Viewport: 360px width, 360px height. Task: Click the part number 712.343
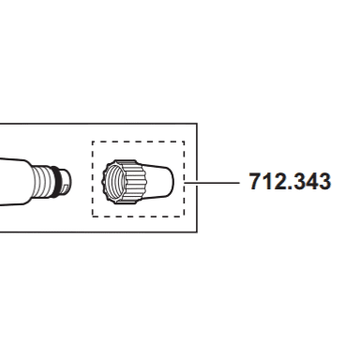coord(290,181)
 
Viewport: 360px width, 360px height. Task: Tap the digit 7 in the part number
coord(255,181)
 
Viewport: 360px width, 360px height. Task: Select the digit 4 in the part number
coord(311,181)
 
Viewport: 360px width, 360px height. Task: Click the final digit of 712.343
coord(324,181)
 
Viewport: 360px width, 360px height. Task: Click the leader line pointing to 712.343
coord(212,182)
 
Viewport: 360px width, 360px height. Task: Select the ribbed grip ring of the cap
coord(133,182)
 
